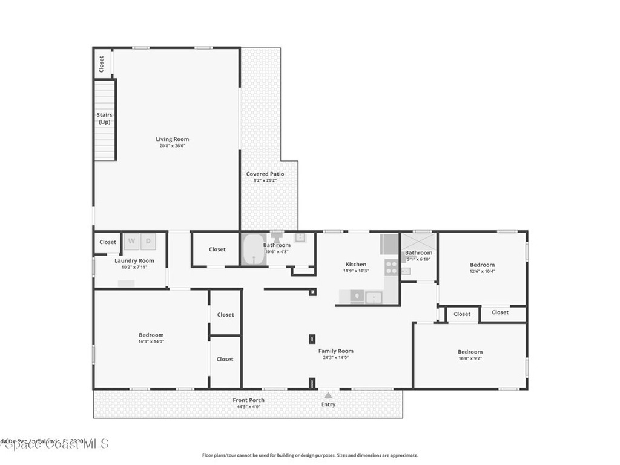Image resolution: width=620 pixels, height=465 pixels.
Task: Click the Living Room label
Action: [x=173, y=139]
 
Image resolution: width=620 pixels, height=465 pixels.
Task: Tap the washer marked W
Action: [x=131, y=241]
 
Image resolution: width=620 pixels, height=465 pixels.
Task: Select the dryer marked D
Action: [x=148, y=241]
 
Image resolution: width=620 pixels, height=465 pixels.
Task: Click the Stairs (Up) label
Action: [x=105, y=118]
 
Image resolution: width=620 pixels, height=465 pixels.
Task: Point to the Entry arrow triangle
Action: [x=328, y=395]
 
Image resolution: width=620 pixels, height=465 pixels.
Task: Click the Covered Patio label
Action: [x=265, y=174]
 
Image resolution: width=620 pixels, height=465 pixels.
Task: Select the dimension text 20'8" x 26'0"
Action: [x=173, y=146]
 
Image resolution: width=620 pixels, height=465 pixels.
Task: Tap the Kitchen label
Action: [x=355, y=264]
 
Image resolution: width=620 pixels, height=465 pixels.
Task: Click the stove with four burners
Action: [x=392, y=268]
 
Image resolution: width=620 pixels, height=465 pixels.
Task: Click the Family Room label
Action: [x=336, y=351]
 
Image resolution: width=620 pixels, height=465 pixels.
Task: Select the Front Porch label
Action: [x=248, y=400]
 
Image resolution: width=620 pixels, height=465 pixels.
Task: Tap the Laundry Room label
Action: [x=134, y=260]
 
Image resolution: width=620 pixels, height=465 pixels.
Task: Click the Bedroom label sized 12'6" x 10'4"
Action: [x=482, y=265]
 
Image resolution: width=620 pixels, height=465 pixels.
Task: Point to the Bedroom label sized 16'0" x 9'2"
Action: [x=470, y=352]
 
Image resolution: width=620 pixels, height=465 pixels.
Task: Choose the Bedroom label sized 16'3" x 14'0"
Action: [x=151, y=335]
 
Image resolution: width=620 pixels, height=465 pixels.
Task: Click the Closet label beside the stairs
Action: [x=102, y=63]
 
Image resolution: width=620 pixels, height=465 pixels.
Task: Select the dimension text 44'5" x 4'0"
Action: [x=248, y=407]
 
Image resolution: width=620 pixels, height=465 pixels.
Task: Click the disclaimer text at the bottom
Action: [x=309, y=455]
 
